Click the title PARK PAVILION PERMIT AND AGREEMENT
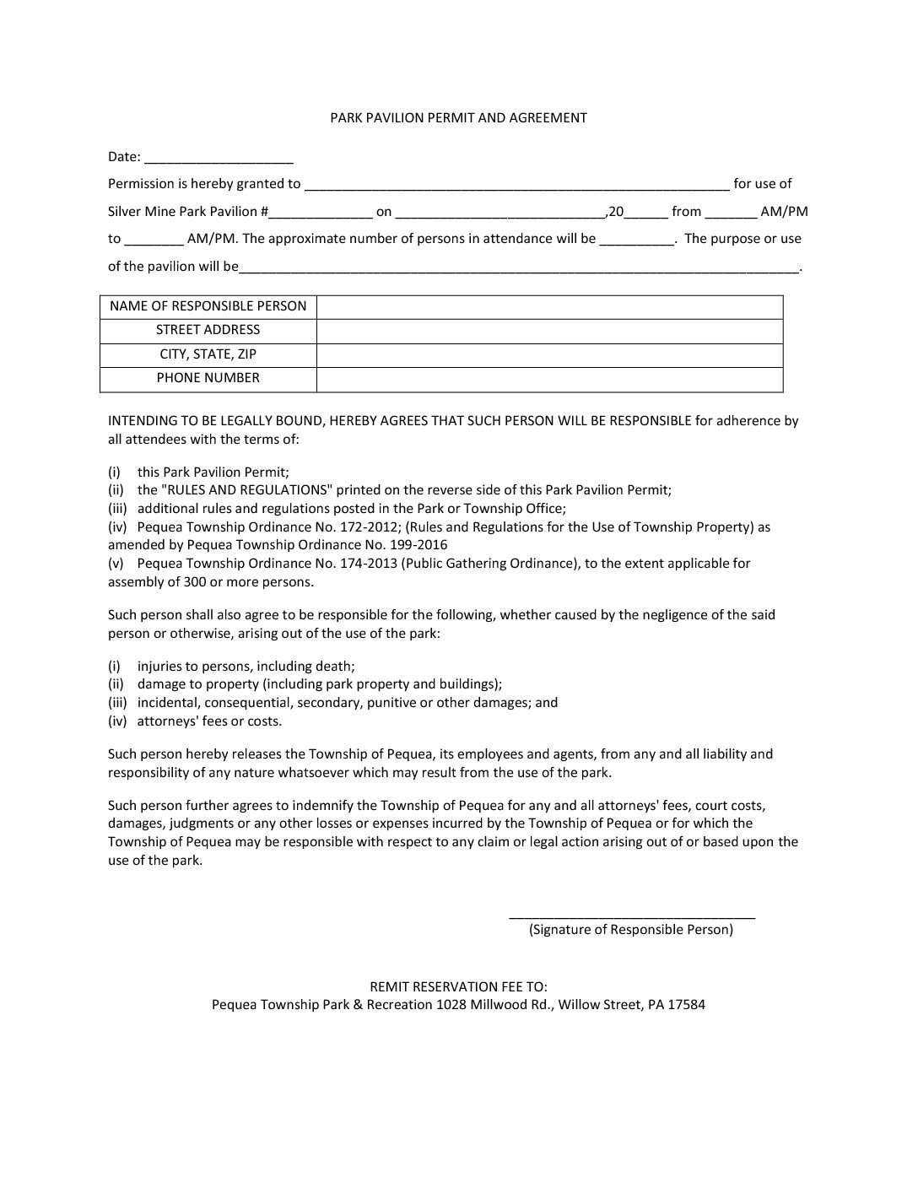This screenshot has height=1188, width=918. pos(458,118)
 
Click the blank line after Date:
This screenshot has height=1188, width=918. pos(219,159)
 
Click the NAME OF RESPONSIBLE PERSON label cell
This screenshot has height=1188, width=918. pos(208,306)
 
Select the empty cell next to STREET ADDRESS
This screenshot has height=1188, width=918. pos(549,331)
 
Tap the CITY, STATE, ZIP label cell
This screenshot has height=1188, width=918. pos(208,354)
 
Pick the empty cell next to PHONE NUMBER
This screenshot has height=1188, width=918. pos(549,379)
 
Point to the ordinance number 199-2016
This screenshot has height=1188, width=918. pos(418,545)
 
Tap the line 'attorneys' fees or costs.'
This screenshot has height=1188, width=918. pos(209,721)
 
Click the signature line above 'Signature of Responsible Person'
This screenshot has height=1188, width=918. pos(632,915)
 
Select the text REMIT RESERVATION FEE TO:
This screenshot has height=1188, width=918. pos(458,986)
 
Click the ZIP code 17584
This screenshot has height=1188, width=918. pos(687,1005)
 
